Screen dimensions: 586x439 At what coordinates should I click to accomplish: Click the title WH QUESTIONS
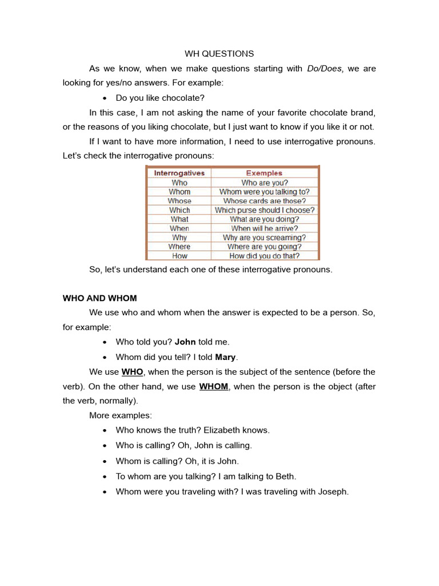tap(219, 54)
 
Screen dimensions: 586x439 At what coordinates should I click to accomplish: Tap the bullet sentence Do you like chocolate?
tap(160, 98)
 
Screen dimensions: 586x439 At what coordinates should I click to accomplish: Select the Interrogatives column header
tap(179, 173)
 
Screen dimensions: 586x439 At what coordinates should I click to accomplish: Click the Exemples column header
tap(264, 173)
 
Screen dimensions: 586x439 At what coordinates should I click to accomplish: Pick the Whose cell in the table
tap(179, 201)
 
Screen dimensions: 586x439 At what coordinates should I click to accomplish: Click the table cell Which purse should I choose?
tap(264, 210)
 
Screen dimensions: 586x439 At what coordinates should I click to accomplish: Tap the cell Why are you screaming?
tap(264, 237)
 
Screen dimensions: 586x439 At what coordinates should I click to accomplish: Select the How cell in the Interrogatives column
tap(179, 256)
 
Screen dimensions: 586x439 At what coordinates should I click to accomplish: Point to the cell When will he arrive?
tap(264, 228)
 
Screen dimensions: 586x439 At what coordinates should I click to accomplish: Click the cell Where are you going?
tap(264, 247)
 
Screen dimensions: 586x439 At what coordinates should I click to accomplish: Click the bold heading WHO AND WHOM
tap(99, 298)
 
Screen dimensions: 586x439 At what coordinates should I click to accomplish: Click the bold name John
tap(185, 342)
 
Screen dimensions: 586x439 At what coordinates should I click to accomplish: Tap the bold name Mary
tap(225, 358)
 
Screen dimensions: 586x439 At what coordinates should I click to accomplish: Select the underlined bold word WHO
tap(132, 372)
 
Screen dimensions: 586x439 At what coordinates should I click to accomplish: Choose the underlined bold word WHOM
tap(214, 387)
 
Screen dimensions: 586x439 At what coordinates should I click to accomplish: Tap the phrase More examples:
tap(121, 415)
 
